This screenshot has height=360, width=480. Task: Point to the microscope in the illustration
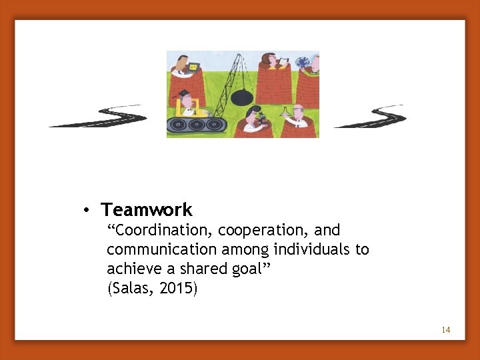(262, 118)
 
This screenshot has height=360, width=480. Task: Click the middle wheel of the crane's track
(197, 124)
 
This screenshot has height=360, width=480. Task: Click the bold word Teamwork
(147, 210)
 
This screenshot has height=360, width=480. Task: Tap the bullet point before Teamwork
(87, 211)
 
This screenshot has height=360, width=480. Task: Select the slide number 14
(446, 330)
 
